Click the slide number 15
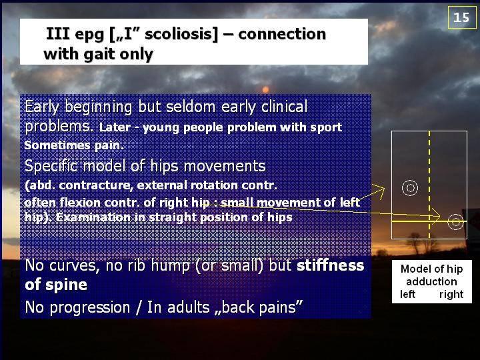pyautogui.click(x=461, y=17)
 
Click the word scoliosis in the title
pyautogui.click(x=178, y=34)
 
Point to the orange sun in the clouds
pyautogui.click(x=265, y=89)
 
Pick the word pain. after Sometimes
pyautogui.click(x=109, y=145)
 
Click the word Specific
pyautogui.click(x=51, y=166)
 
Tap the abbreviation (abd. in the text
pyautogui.click(x=40, y=185)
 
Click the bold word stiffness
pyautogui.click(x=330, y=265)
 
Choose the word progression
pyautogui.click(x=90, y=307)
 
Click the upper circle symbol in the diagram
pyautogui.click(x=409, y=187)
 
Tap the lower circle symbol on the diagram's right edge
pyautogui.click(x=455, y=221)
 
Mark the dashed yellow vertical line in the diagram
pyautogui.click(x=429, y=185)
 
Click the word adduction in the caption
pyautogui.click(x=431, y=281)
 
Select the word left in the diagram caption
pyautogui.click(x=407, y=294)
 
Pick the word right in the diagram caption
pyautogui.click(x=451, y=295)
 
